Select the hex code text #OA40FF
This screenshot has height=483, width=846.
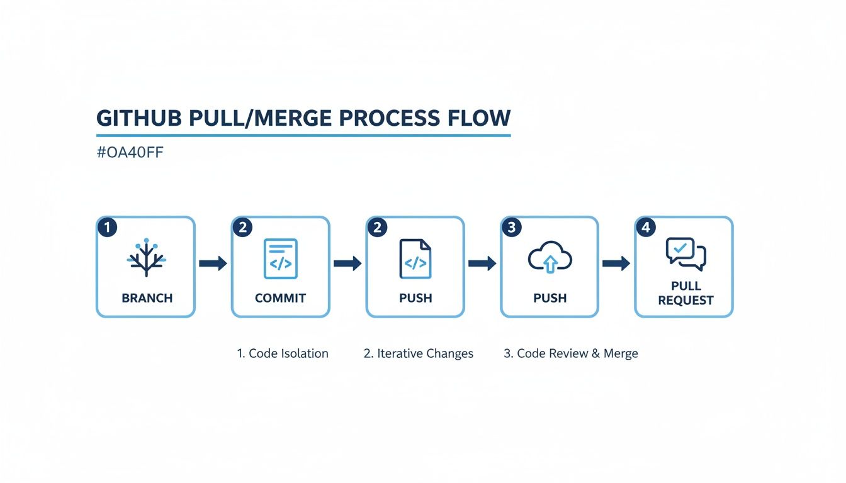click(x=130, y=153)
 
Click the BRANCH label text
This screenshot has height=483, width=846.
click(x=147, y=298)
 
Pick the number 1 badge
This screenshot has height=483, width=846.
click(x=107, y=227)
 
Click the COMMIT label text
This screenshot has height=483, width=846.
click(x=280, y=298)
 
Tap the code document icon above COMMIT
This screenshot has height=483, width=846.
click(x=280, y=258)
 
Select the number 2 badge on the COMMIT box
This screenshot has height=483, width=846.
click(x=242, y=227)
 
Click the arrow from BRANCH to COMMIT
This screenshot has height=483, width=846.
click(x=213, y=264)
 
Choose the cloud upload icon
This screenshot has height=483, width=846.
click(x=550, y=258)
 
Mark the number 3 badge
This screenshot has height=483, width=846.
click(x=511, y=227)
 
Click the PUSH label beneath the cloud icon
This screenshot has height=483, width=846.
click(x=550, y=298)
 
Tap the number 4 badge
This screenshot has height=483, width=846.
click(x=645, y=227)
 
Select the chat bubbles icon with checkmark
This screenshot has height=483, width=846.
click(x=685, y=253)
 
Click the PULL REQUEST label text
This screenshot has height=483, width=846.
click(x=685, y=293)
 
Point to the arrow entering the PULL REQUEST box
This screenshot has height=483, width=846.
click(x=616, y=264)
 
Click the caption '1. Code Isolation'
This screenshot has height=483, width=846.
click(x=283, y=353)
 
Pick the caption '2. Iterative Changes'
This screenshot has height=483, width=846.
click(x=419, y=353)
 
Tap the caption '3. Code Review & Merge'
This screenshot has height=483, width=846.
click(x=571, y=353)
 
